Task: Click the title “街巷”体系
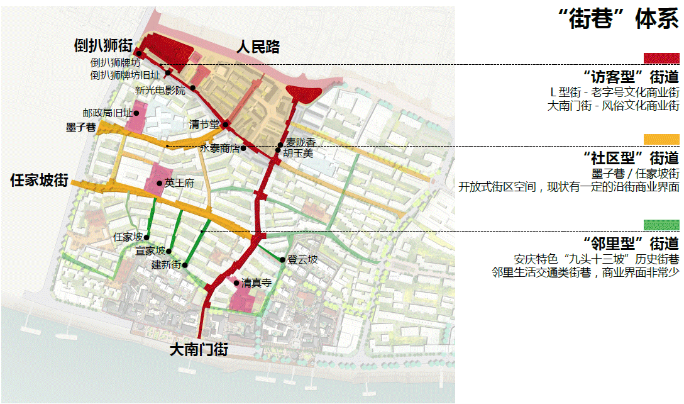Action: (x=618, y=20)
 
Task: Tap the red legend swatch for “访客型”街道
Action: (x=661, y=58)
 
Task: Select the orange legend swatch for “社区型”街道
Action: (x=661, y=139)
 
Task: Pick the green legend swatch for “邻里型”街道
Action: (x=661, y=225)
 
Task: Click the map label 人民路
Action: (x=258, y=47)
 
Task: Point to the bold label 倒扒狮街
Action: (x=102, y=45)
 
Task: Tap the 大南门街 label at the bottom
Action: (x=199, y=350)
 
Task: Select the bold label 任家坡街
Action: (x=39, y=180)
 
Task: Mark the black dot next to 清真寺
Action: (x=236, y=284)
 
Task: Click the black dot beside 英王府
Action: (x=160, y=183)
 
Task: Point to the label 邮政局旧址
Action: (x=107, y=113)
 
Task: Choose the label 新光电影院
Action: (x=160, y=90)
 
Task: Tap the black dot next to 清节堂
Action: (x=224, y=124)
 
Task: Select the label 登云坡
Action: (x=302, y=260)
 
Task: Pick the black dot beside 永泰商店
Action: (x=243, y=148)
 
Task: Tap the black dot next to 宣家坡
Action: (x=169, y=251)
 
